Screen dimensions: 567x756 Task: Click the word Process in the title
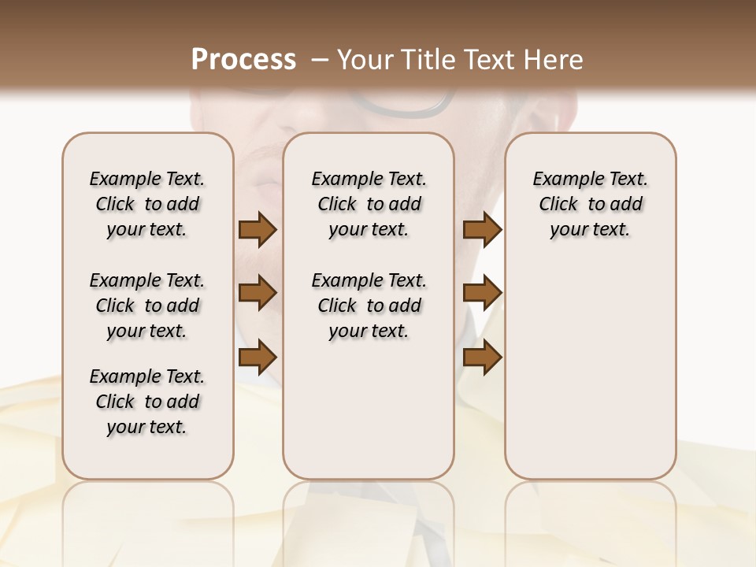tap(243, 60)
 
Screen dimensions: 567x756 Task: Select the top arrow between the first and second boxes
tap(258, 229)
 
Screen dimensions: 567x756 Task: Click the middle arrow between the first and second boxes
tap(258, 293)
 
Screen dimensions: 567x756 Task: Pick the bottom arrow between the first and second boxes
tap(258, 357)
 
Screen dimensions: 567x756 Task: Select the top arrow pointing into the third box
tap(482, 229)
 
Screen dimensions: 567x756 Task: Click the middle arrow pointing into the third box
tap(482, 293)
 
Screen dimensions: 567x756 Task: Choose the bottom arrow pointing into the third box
tap(482, 357)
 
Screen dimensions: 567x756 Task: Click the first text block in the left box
tap(146, 204)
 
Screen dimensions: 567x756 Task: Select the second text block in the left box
tap(146, 306)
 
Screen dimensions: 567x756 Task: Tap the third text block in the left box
tap(146, 402)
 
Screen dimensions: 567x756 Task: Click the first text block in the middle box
tap(369, 204)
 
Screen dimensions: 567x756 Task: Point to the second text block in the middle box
tap(369, 306)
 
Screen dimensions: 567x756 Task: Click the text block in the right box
tap(590, 204)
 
